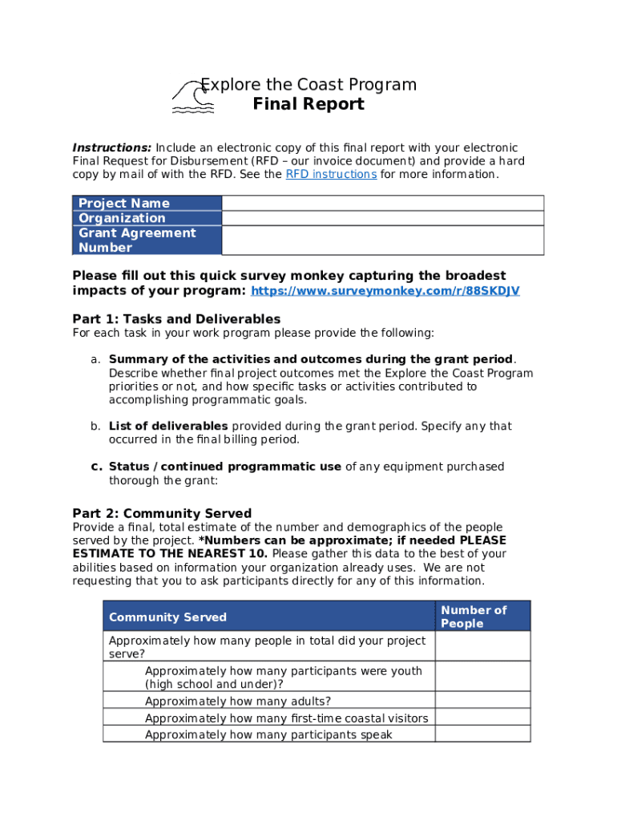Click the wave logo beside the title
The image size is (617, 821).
pyautogui.click(x=192, y=97)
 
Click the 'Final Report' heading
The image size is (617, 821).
pyautogui.click(x=308, y=104)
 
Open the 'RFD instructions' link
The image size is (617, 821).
pyautogui.click(x=331, y=174)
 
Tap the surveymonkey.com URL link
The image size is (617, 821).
pyautogui.click(x=385, y=290)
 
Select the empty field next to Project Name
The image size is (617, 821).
pyautogui.click(x=382, y=203)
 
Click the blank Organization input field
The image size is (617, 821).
pyautogui.click(x=382, y=218)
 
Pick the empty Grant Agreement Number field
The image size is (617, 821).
pyautogui.click(x=382, y=241)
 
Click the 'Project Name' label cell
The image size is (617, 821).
pyautogui.click(x=124, y=203)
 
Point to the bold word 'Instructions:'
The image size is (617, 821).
pyautogui.click(x=112, y=148)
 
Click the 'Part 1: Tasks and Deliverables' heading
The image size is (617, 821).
pyautogui.click(x=176, y=319)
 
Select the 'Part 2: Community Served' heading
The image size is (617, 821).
pyautogui.click(x=162, y=513)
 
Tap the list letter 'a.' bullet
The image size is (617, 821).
pyautogui.click(x=95, y=359)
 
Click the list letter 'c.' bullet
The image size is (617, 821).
pyautogui.click(x=96, y=467)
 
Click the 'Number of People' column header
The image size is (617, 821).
pyautogui.click(x=474, y=617)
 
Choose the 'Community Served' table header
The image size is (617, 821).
pyautogui.click(x=167, y=617)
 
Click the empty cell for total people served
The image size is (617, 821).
pyautogui.click(x=482, y=645)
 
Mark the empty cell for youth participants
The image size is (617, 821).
pyautogui.click(x=482, y=676)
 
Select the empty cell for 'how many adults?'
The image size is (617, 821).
pyautogui.click(x=482, y=700)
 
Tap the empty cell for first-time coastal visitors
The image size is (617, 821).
pyautogui.click(x=482, y=718)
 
